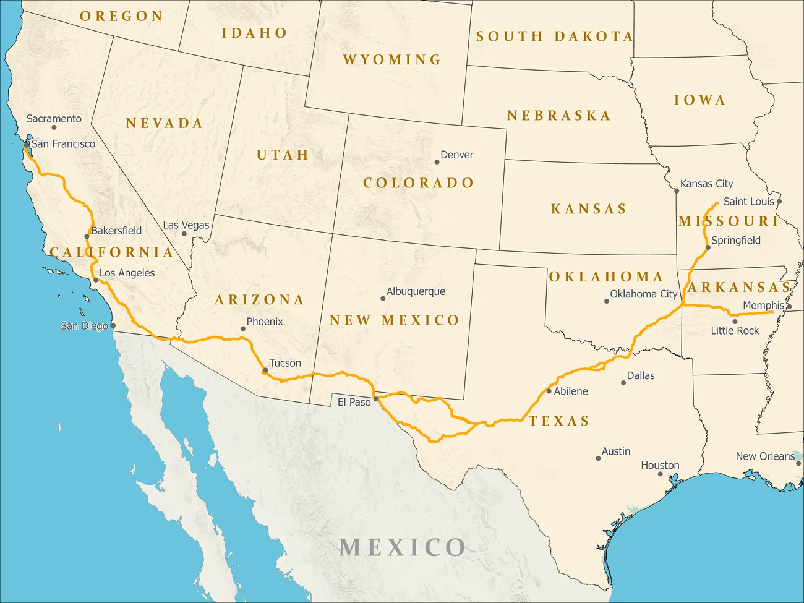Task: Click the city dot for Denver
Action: pos(437,162)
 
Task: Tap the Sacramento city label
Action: pos(54,119)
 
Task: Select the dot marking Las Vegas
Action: pos(184,234)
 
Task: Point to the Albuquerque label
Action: pos(416,291)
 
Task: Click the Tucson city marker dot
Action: pos(265,370)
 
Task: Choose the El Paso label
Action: pos(354,402)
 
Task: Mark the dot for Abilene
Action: pos(549,391)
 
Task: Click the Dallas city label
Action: pos(641,375)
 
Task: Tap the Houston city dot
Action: pos(660,474)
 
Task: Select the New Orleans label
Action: pos(765,456)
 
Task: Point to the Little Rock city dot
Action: pos(735,322)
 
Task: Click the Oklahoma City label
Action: pos(644,294)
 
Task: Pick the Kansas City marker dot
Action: pos(677,191)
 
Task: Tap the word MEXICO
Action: pos(402,547)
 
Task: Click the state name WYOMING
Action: pos(392,59)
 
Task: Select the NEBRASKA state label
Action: pos(558,116)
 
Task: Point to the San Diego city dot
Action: pos(113,326)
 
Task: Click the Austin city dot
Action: pos(598,458)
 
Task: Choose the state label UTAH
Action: pos(283,155)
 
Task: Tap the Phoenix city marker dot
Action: pos(243,329)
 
